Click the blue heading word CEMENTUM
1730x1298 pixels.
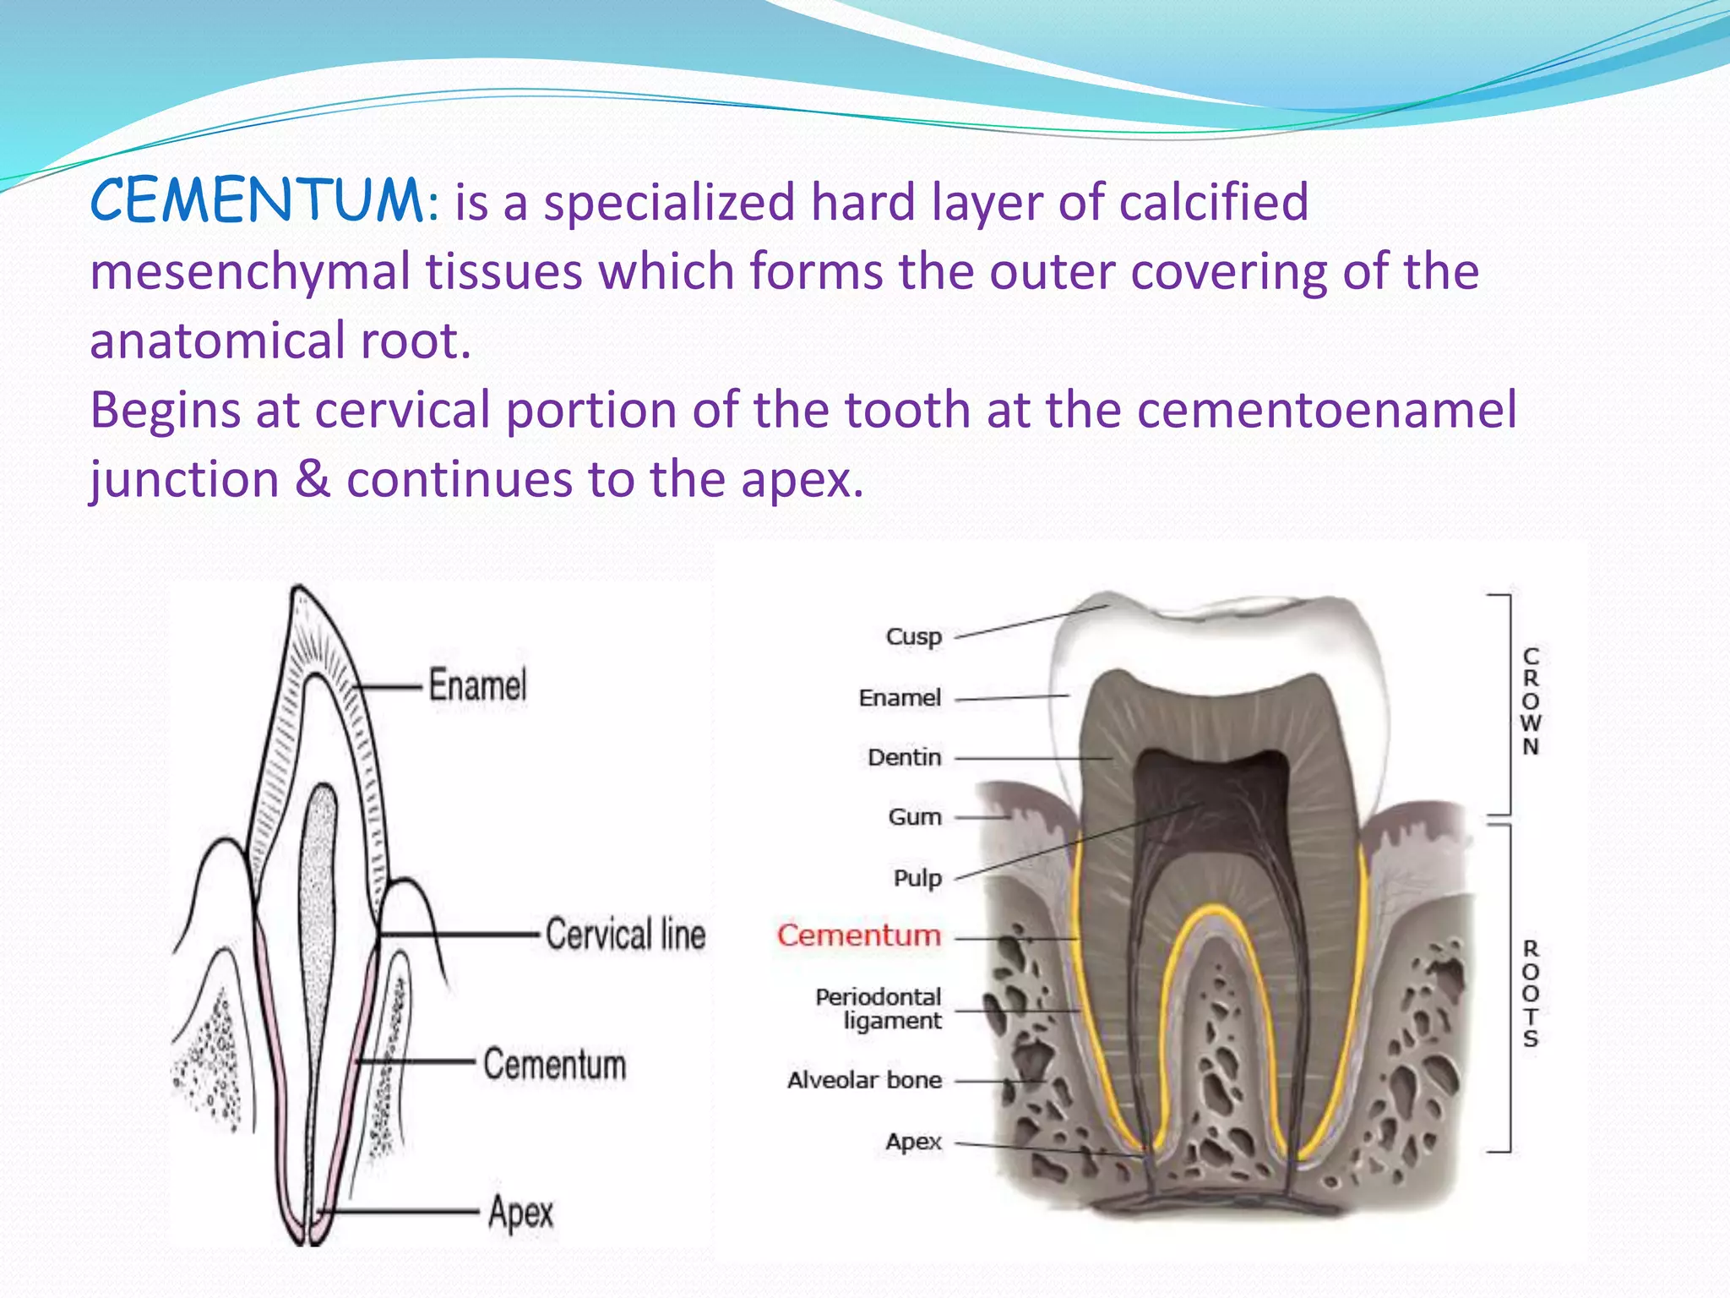257,202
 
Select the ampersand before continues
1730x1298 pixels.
313,480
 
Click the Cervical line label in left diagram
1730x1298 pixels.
625,935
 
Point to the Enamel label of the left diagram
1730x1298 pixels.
477,684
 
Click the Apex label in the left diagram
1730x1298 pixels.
520,1213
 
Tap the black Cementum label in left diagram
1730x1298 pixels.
554,1064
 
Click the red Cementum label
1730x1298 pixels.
858,935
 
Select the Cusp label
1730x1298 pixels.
913,636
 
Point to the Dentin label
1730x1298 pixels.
904,757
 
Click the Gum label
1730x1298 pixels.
914,817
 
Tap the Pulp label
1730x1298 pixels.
917,879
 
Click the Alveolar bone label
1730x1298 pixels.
864,1080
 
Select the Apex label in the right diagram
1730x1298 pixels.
913,1142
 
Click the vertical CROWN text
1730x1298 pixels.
1531,701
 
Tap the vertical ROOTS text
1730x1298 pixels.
1531,994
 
